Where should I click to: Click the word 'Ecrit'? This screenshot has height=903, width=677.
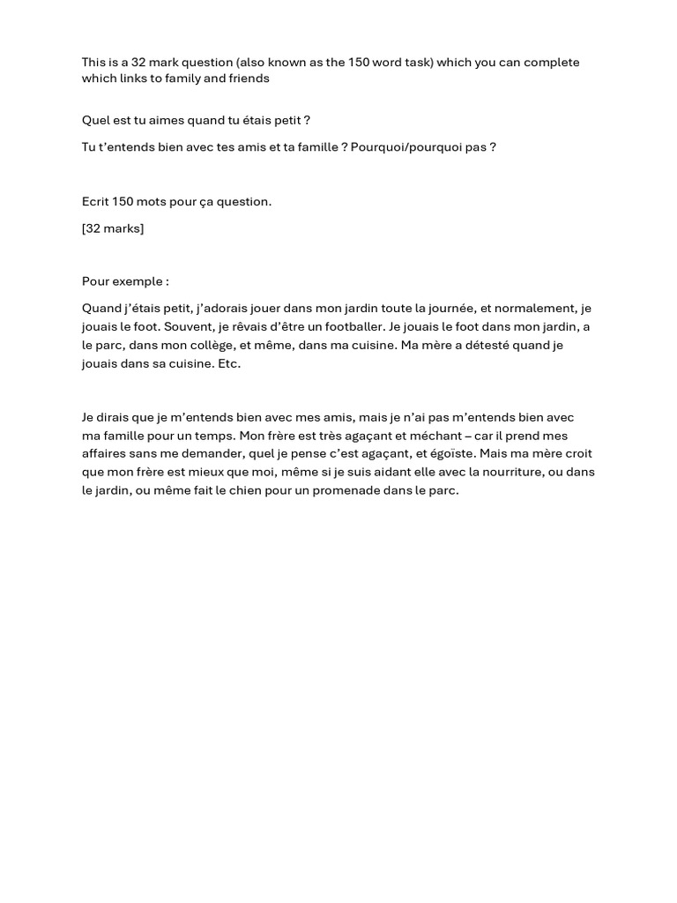pyautogui.click(x=95, y=202)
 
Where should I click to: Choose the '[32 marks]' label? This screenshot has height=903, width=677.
pyautogui.click(x=113, y=229)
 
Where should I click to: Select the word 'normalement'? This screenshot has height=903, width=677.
pyautogui.click(x=537, y=309)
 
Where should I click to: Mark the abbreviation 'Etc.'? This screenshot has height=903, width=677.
pyautogui.click(x=228, y=363)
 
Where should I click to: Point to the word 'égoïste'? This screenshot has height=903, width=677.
pyautogui.click(x=449, y=454)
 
